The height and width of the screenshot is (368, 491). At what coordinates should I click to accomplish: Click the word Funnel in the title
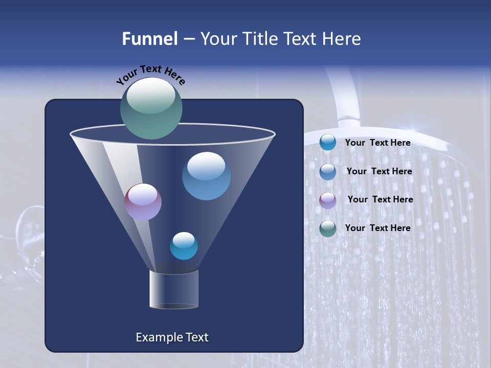coord(149,39)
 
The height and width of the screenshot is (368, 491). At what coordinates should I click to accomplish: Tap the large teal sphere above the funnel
coord(151,108)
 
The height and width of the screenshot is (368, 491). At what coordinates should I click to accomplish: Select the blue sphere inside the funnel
coord(206,176)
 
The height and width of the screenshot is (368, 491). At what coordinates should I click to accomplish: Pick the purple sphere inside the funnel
coord(143,202)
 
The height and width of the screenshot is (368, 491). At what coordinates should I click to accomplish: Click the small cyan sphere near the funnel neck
coord(184,246)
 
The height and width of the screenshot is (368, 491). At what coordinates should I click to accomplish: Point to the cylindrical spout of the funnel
coord(173,289)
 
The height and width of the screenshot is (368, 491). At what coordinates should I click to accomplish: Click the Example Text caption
coord(172,337)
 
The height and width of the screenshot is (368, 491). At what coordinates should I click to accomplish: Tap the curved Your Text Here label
coord(150,75)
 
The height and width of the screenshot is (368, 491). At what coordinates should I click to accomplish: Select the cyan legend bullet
coord(328,143)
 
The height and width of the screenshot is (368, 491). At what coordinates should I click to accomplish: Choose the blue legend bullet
coord(328,172)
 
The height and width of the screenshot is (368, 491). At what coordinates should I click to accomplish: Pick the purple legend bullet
coord(328,200)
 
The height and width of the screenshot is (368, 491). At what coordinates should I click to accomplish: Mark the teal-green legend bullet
coord(328,228)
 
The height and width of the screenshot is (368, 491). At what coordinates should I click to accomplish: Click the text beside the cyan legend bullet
coord(377,143)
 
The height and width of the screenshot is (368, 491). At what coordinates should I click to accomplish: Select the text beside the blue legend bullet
coord(379,172)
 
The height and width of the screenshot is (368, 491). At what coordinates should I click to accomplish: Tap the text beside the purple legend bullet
coord(380,200)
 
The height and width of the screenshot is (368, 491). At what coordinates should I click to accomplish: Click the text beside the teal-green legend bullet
coord(377,228)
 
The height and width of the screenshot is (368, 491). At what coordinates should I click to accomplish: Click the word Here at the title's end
coord(342,39)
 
